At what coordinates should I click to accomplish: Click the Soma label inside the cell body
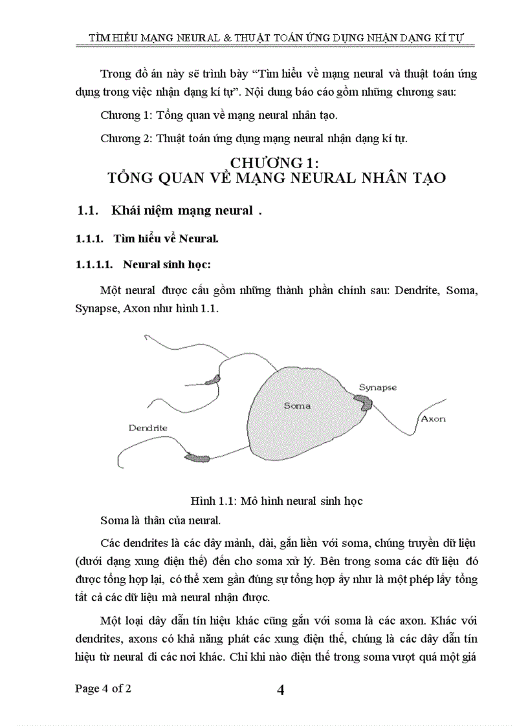tap(297, 405)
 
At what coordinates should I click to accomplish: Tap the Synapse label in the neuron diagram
tap(378, 387)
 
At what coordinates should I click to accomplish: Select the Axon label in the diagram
tap(434, 418)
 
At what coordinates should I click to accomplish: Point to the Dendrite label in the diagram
tap(148, 428)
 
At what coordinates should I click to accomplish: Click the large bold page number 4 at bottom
tap(280, 690)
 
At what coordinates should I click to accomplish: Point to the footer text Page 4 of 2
tap(104, 689)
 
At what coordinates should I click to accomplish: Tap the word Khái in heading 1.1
tap(126, 210)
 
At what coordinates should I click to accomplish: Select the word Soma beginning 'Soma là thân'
tap(113, 520)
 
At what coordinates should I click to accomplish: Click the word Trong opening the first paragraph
tap(115, 74)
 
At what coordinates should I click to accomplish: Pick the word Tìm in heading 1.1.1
tap(123, 239)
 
